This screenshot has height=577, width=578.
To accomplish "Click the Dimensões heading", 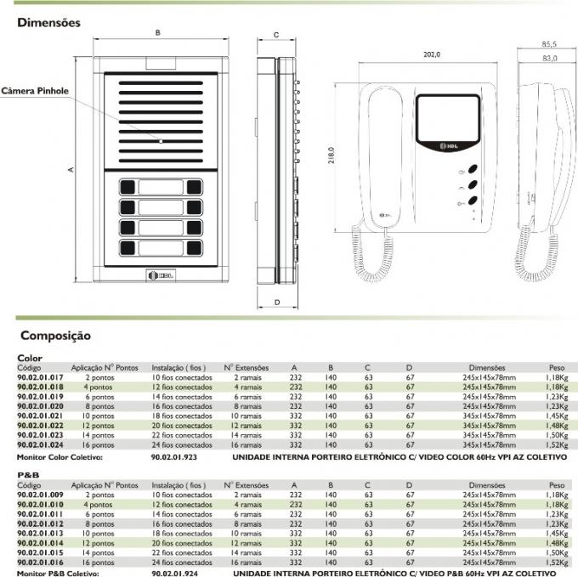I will [x=49, y=23].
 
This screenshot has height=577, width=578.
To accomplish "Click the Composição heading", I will [x=56, y=337].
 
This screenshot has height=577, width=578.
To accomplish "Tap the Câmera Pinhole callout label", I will [x=35, y=91].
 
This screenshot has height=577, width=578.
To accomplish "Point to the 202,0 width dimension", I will [x=432, y=55].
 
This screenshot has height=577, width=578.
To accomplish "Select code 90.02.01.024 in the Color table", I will [x=41, y=445].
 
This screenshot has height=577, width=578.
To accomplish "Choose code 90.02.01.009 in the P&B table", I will [x=41, y=495].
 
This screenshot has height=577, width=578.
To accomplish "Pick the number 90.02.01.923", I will [x=174, y=457].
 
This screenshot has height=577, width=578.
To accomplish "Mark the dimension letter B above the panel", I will [x=157, y=33].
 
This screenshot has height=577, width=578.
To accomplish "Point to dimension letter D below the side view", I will [x=277, y=302].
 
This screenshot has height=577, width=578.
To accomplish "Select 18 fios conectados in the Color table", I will [x=182, y=416].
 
